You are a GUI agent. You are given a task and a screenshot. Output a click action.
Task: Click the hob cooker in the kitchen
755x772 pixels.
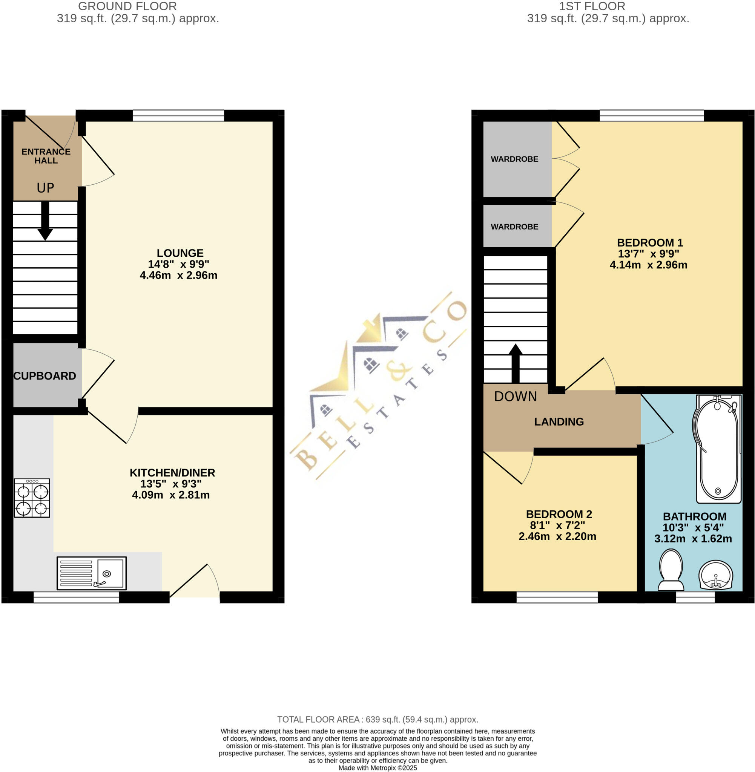(32, 498)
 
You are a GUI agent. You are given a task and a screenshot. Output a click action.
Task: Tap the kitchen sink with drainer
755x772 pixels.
(92, 573)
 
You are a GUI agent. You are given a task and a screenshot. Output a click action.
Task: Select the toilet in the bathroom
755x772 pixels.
(671, 569)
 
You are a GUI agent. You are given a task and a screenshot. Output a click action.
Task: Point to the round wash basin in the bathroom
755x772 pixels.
(715, 575)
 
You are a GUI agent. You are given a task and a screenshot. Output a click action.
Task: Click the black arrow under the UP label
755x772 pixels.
(45, 221)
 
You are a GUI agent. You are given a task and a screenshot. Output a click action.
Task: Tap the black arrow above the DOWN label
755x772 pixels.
(515, 362)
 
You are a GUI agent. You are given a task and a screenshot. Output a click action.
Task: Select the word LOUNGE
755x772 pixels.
(180, 253)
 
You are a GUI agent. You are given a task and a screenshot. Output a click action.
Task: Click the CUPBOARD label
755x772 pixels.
(45, 376)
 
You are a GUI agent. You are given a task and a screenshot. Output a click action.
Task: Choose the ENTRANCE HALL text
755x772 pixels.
(46, 156)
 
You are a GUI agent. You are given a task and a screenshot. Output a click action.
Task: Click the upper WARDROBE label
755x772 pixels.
(514, 159)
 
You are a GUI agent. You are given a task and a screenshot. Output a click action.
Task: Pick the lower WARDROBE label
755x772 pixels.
(514, 227)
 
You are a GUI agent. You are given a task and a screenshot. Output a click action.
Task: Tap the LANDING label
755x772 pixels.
(559, 422)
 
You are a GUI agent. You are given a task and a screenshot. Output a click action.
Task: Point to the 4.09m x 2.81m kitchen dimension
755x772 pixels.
(170, 495)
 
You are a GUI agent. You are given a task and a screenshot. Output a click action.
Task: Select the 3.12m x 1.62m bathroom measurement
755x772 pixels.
(693, 539)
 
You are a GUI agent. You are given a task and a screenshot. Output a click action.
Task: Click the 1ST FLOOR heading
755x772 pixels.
(592, 6)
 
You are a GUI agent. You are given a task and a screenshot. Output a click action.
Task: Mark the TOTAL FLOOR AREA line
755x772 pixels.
(377, 719)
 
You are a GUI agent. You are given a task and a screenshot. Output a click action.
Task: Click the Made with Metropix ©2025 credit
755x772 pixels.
(377, 767)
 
